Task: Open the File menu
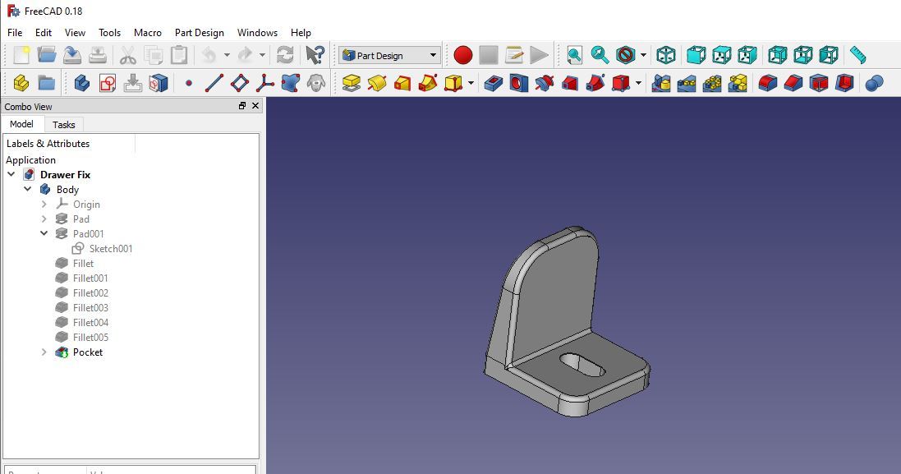tap(15, 33)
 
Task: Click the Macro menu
tap(147, 33)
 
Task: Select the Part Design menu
tap(199, 33)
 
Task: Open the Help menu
tap(301, 33)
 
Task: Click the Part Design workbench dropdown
tap(389, 56)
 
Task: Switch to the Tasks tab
tap(63, 125)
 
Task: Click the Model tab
tap(21, 124)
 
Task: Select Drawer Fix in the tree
tap(65, 175)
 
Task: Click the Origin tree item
tap(86, 205)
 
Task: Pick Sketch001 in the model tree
tap(110, 249)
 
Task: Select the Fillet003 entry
tap(90, 308)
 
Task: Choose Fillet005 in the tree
tap(90, 338)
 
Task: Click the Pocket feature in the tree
tap(87, 352)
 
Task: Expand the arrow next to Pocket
tap(44, 352)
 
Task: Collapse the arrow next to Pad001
tap(44, 234)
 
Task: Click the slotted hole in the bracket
tap(582, 365)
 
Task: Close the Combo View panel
tap(255, 106)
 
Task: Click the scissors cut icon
tap(127, 56)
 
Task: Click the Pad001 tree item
tap(88, 234)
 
